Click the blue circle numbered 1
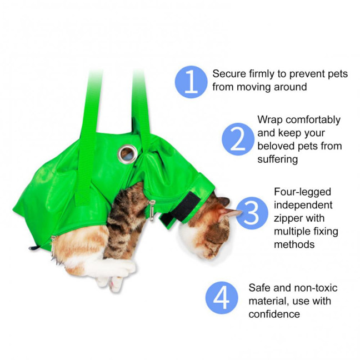tap(191, 82)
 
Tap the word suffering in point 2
tap(278, 159)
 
